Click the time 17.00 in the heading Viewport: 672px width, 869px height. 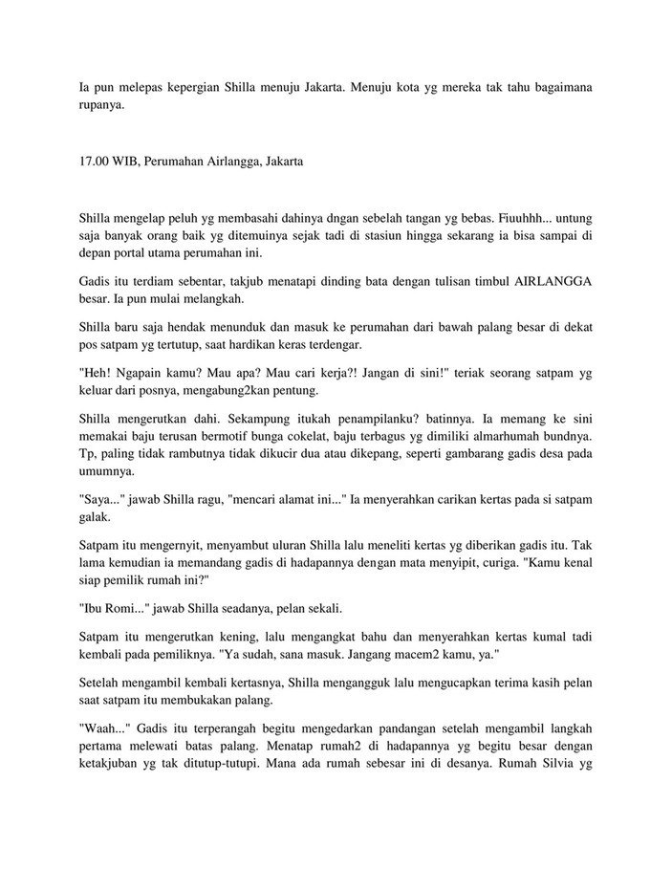(94, 162)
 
